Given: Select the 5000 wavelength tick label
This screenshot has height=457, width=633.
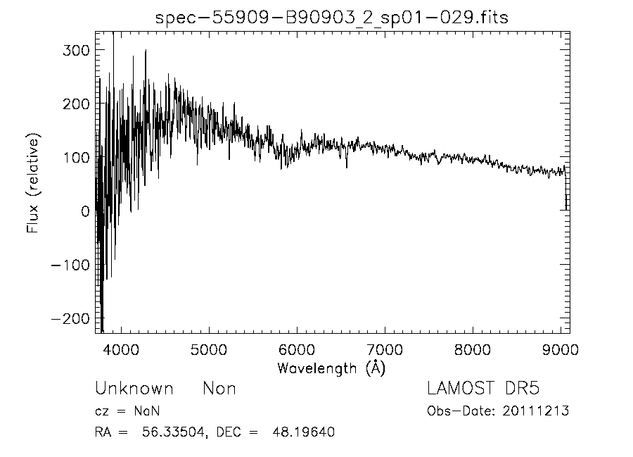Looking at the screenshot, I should point(209,349).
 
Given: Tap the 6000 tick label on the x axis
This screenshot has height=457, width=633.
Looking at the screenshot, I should point(297,349).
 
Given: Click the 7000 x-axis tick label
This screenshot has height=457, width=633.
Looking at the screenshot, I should point(385,349).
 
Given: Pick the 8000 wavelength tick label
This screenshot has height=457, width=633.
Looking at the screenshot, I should point(473,349).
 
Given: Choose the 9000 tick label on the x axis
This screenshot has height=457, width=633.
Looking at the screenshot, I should point(561,349).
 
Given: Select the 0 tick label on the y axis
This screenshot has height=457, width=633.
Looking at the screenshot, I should point(84,211).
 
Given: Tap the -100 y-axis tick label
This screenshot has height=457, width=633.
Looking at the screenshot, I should point(71,265).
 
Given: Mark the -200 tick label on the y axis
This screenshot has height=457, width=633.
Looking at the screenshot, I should point(71,318).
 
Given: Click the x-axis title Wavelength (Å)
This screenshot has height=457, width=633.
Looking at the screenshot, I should point(331,368).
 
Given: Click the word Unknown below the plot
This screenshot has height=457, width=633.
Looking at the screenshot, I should point(134,389).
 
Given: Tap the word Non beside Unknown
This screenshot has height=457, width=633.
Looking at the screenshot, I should point(219,389).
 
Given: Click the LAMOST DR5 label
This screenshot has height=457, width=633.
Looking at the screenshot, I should point(483,389).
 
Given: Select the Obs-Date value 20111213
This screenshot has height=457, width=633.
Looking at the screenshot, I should point(536,411).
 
